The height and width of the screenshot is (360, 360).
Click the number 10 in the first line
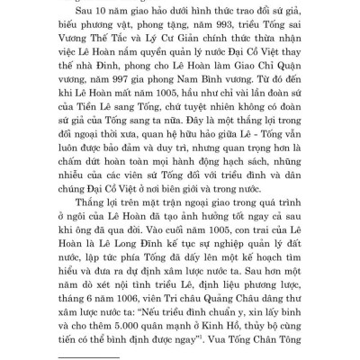[98, 13]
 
